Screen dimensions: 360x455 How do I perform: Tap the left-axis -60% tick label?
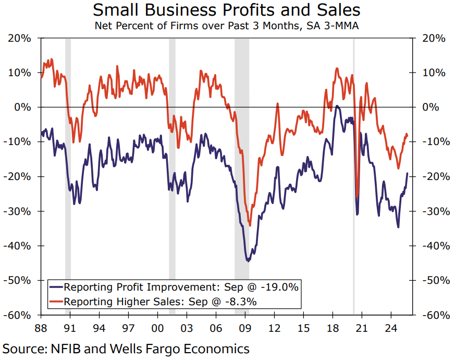[x=19, y=315]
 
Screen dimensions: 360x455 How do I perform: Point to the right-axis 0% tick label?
[x=430, y=107]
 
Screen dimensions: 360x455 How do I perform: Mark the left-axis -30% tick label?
[x=19, y=211]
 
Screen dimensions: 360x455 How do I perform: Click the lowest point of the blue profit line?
[x=248, y=260]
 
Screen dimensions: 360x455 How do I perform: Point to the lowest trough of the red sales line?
[x=250, y=225]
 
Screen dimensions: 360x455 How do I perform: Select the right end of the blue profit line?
[x=407, y=173]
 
